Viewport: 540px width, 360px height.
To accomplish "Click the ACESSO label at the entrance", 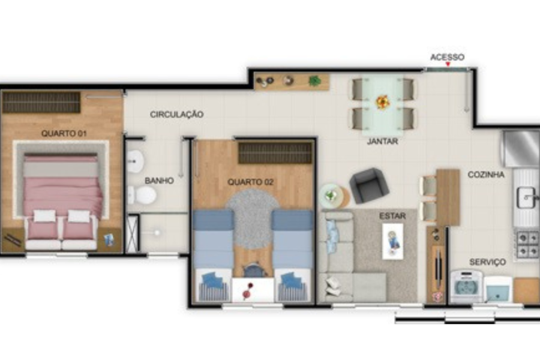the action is click(x=448, y=57).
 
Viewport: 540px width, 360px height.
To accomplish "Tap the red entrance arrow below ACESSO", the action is click(x=448, y=64).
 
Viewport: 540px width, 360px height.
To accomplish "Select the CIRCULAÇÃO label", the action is click(x=176, y=115).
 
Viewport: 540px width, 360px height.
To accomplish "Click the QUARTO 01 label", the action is click(x=64, y=133).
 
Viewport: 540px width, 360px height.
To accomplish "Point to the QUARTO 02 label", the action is click(x=250, y=182).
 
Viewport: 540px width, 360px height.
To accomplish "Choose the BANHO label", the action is click(x=159, y=181).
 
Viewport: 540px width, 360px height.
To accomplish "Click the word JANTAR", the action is click(x=383, y=141).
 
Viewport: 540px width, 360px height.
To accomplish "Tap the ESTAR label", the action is click(x=392, y=216).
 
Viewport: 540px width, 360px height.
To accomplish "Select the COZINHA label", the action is click(x=486, y=175).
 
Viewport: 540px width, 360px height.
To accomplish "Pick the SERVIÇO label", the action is click(x=488, y=262).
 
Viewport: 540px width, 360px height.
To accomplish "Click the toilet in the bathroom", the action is click(x=142, y=196).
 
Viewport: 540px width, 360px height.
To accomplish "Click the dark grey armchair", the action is click(x=369, y=185).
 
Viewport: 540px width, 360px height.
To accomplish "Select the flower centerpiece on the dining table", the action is click(x=383, y=102).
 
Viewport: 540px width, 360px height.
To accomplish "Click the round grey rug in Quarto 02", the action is click(x=253, y=219).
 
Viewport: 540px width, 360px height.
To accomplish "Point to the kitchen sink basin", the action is click(x=526, y=198).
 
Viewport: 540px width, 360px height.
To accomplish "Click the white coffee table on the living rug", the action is click(x=392, y=241).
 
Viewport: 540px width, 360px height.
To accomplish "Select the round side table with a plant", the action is click(x=331, y=196).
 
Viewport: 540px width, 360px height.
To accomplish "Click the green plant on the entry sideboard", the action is click(x=314, y=82).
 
